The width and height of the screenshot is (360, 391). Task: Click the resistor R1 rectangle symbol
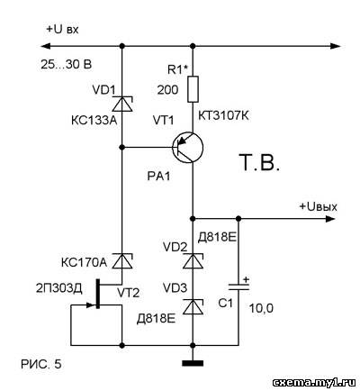(193, 89)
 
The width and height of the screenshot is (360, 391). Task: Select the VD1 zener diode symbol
(121, 104)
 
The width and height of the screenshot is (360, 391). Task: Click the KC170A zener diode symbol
(121, 260)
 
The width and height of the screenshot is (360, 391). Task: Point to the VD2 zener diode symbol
(193, 260)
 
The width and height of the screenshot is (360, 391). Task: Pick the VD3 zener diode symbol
(193, 307)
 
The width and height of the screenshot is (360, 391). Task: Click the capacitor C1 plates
(238, 287)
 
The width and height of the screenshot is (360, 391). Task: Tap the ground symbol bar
(193, 363)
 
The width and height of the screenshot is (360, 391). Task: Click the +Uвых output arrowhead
(330, 219)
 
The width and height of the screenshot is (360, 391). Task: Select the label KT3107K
(224, 115)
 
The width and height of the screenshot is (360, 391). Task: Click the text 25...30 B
(67, 64)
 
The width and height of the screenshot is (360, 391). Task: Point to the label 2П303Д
(59, 288)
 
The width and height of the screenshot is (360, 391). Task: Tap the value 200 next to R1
(167, 89)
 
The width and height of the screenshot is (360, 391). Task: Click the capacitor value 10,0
(262, 308)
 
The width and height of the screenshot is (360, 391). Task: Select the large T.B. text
(260, 162)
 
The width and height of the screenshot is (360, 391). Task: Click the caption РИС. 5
(41, 364)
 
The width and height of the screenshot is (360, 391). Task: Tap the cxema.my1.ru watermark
(314, 383)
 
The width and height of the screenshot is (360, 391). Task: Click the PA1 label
(158, 176)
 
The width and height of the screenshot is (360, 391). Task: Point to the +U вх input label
(62, 30)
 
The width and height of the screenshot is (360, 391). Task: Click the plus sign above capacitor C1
(246, 279)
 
